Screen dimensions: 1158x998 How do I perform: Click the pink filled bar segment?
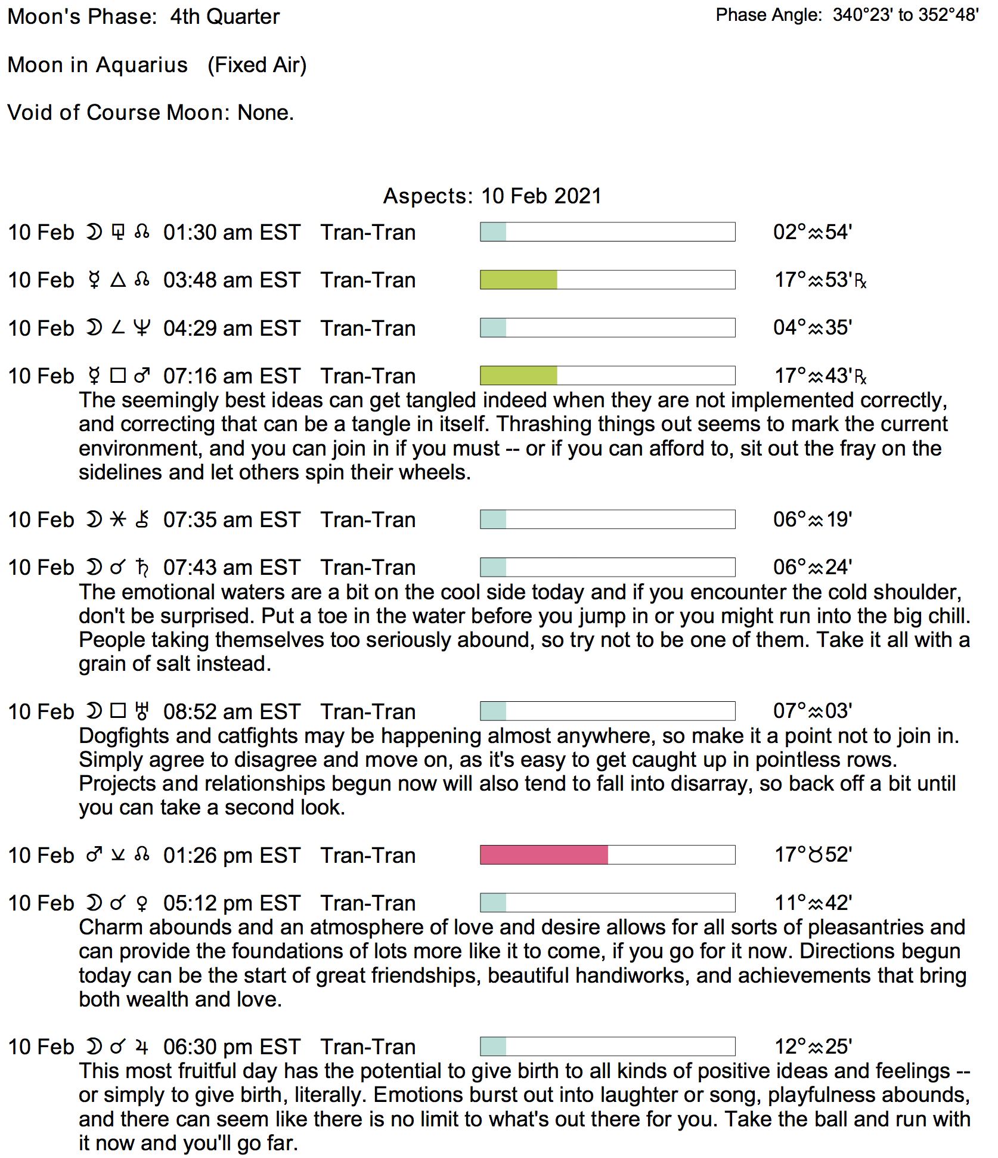point(544,854)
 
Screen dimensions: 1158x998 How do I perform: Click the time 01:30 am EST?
point(232,233)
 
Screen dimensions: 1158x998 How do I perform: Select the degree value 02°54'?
point(813,232)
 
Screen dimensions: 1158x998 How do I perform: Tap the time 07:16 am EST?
point(232,376)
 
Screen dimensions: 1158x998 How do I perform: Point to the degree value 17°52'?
point(813,854)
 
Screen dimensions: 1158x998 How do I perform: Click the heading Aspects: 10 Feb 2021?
point(492,196)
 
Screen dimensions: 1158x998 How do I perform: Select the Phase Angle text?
point(847,15)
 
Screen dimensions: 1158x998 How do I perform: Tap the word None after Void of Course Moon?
point(265,113)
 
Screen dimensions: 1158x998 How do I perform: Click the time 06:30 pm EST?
point(232,1047)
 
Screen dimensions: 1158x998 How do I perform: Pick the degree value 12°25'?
point(813,1046)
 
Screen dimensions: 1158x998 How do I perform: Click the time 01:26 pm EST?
point(232,856)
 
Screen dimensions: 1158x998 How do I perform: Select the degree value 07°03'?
point(813,711)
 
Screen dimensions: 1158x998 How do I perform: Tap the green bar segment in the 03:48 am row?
point(519,280)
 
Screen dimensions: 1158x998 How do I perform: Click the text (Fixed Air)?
point(257,65)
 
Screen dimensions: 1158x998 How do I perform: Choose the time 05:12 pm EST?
point(232,903)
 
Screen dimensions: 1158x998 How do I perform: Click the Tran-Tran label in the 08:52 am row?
point(368,712)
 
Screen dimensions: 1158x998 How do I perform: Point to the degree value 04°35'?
point(813,327)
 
